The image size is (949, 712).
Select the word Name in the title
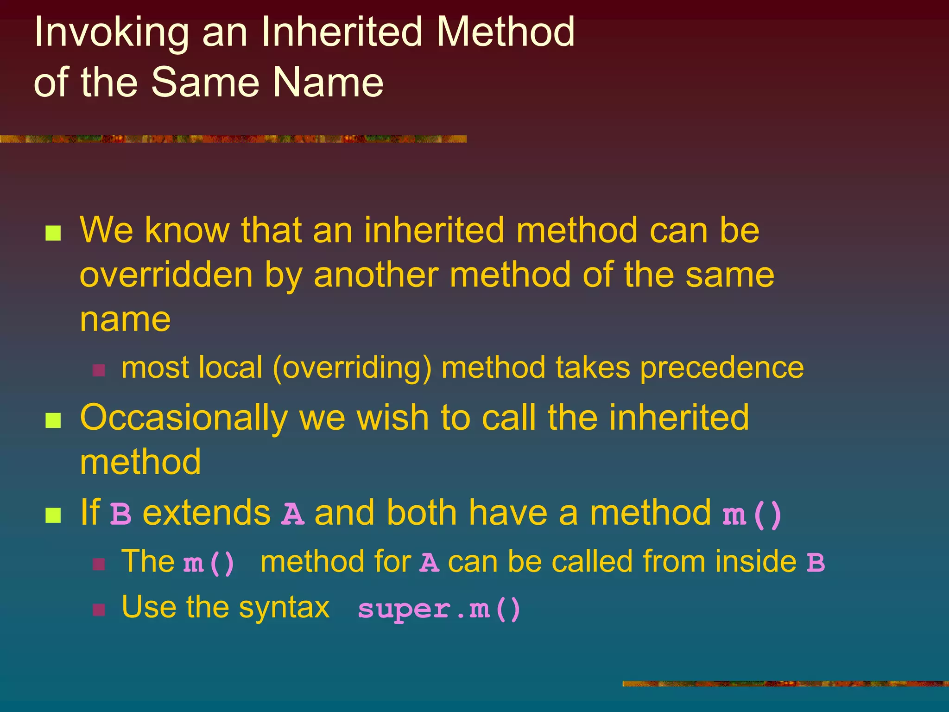[x=328, y=83]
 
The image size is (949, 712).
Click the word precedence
[x=721, y=368]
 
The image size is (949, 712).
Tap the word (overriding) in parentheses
[x=352, y=369]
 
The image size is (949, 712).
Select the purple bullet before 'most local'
[x=99, y=370]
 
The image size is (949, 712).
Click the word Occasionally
[x=184, y=418]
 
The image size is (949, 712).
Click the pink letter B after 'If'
[x=121, y=514]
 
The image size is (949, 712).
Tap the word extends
[x=207, y=513]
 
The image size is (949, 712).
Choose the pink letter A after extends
[x=293, y=514]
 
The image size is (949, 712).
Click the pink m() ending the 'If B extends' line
[x=752, y=515]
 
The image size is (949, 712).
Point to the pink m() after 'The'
[x=209, y=563]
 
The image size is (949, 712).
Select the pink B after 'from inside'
[x=816, y=563]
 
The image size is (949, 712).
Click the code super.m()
[x=439, y=609]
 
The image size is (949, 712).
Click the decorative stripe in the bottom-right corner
[x=785, y=684]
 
